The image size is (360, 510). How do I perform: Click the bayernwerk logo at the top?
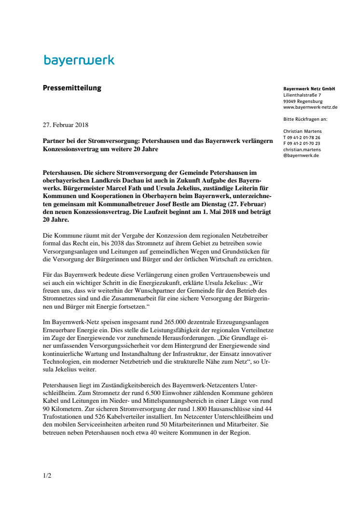tap(79, 60)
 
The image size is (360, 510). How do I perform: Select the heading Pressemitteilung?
tap(72, 88)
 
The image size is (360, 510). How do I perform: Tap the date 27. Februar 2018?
tap(65, 125)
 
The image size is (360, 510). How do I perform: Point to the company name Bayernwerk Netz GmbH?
tap(309, 89)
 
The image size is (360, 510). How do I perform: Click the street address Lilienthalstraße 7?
tap(302, 95)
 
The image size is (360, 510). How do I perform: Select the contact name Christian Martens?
tap(303, 131)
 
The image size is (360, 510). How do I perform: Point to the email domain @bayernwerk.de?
tap(301, 156)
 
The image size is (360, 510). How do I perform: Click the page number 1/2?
tap(47, 475)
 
